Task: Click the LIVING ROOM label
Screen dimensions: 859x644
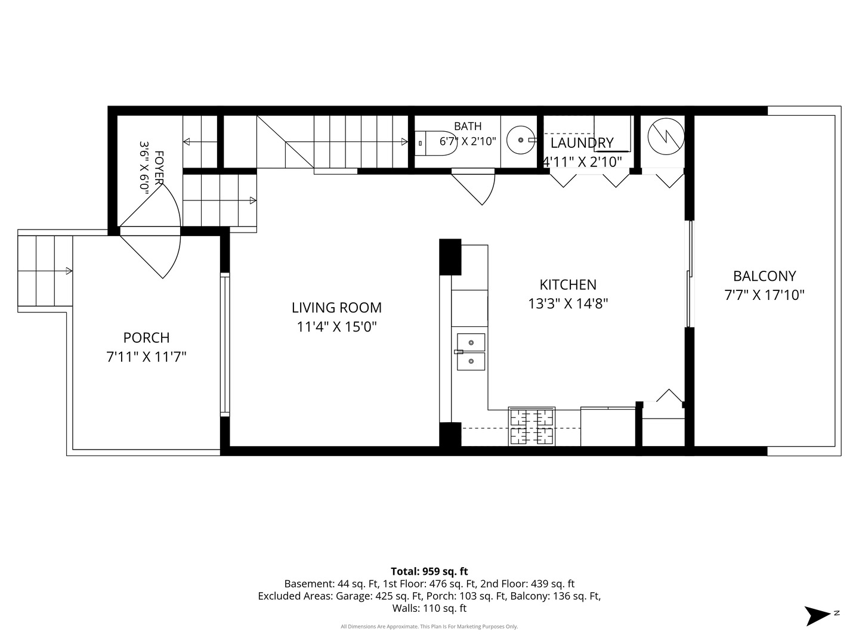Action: (x=336, y=307)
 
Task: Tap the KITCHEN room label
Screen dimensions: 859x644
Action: (x=567, y=284)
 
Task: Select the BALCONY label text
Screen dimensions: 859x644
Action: (x=764, y=276)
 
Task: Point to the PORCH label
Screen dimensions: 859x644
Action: (x=146, y=338)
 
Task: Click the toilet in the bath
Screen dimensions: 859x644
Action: (x=435, y=143)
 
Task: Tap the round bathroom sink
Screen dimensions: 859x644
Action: (x=521, y=140)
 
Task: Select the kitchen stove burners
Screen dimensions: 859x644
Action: (x=532, y=426)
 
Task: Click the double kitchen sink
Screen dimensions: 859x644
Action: (x=471, y=352)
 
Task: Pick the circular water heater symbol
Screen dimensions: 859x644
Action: (x=666, y=137)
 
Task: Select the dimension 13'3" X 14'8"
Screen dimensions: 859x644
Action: (x=567, y=304)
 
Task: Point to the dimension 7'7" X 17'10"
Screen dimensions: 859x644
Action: (x=764, y=295)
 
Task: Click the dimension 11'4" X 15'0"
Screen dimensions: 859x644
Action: (x=336, y=327)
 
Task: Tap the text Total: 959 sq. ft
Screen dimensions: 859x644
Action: (x=429, y=571)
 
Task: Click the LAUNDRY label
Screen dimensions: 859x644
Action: (x=582, y=143)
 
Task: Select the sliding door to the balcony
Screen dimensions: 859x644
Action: (x=690, y=274)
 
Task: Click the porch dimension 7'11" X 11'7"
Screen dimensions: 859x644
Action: (x=146, y=357)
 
